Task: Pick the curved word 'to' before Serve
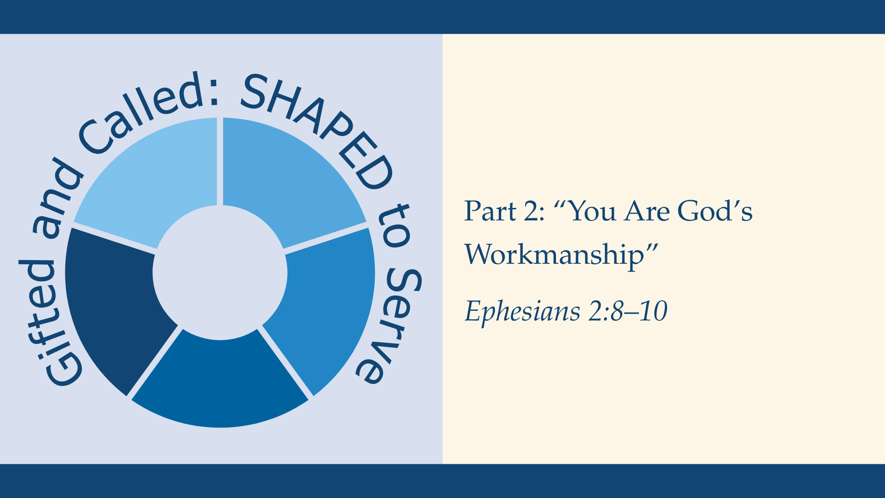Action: [393, 226]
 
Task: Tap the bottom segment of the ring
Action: [220, 383]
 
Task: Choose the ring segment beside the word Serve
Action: [327, 304]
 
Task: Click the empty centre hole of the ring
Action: [220, 272]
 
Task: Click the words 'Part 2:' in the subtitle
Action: [504, 211]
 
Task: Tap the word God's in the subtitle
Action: [714, 211]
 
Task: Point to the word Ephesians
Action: [522, 311]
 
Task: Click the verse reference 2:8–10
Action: [628, 311]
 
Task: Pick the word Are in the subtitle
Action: [647, 211]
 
